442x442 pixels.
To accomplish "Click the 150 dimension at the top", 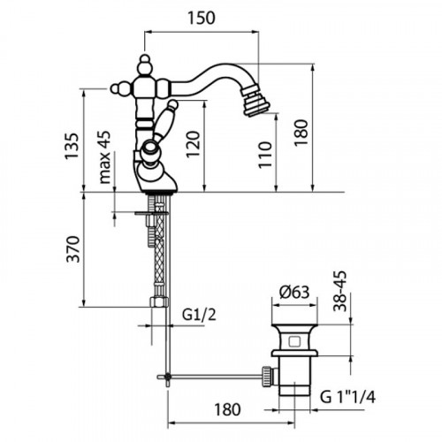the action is [x=202, y=18].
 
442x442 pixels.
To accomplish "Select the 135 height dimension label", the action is [x=72, y=146].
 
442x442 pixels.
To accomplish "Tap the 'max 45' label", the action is [x=105, y=157].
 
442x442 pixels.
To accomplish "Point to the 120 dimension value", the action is [x=193, y=144].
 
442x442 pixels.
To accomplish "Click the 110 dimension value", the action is [x=265, y=155].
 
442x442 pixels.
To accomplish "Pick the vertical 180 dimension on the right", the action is [x=301, y=133].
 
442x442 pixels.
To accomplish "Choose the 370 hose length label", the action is [x=72, y=249].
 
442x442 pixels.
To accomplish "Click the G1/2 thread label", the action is [x=199, y=315].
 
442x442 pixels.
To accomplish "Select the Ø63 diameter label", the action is [x=294, y=293].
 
